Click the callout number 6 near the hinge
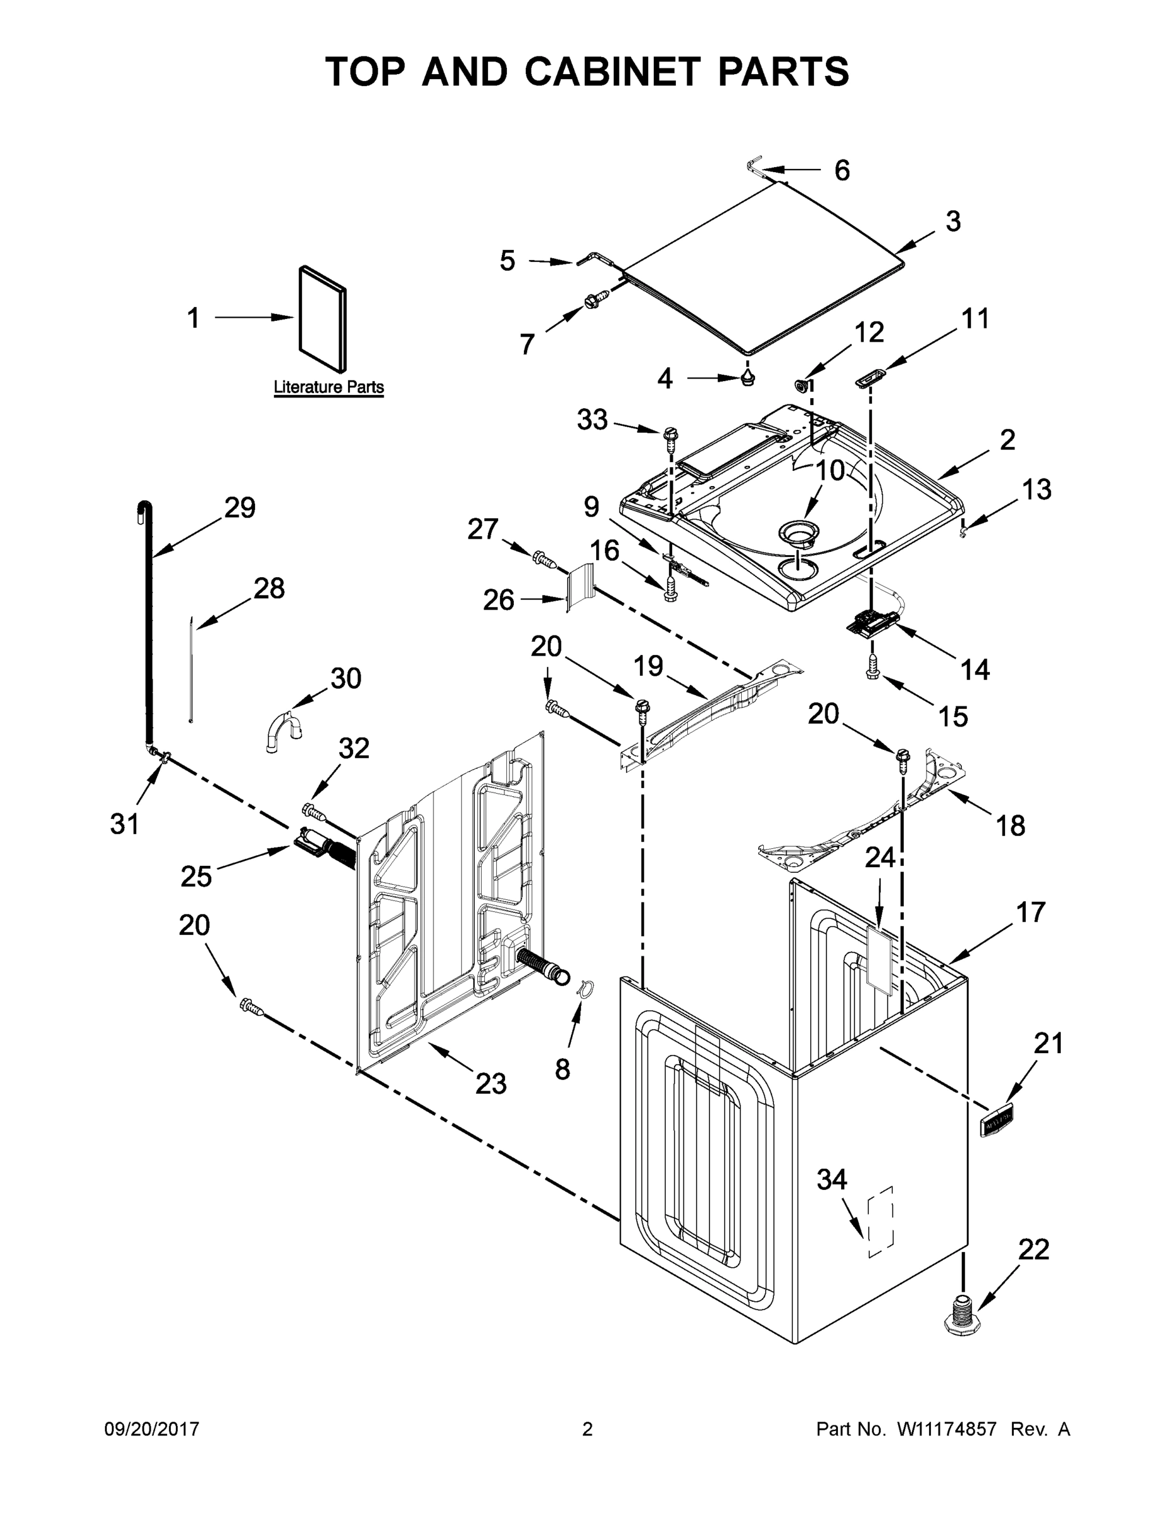pyautogui.click(x=842, y=170)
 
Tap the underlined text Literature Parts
pyautogui.click(x=328, y=387)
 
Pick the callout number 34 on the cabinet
pyautogui.click(x=832, y=1180)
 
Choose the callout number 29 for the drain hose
pyautogui.click(x=240, y=508)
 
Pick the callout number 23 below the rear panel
pyautogui.click(x=490, y=1083)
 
